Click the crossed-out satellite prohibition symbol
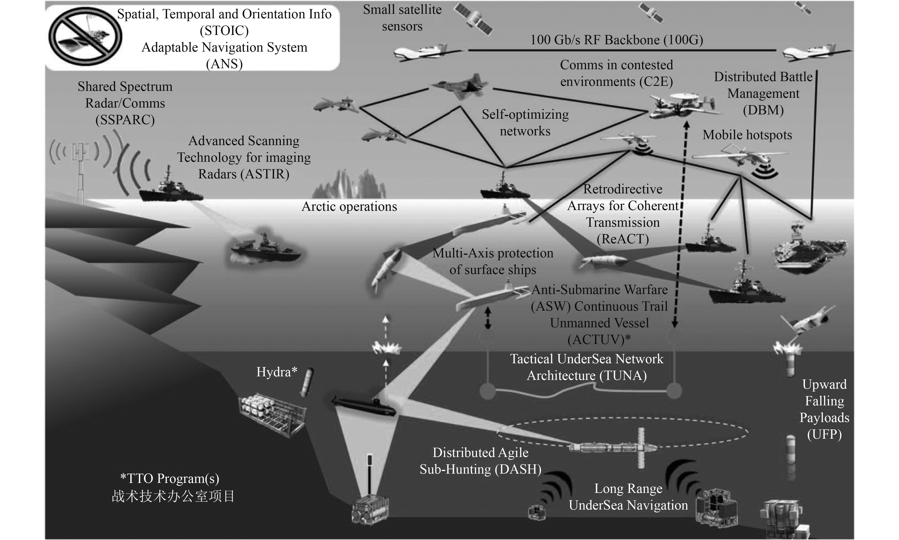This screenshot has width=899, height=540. [x=85, y=36]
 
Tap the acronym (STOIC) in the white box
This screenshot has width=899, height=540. [x=224, y=30]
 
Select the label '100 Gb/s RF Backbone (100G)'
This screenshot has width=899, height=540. [x=616, y=40]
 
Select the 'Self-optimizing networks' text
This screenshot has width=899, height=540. [x=525, y=123]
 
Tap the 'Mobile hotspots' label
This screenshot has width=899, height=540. [x=747, y=135]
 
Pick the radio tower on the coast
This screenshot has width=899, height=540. [x=80, y=167]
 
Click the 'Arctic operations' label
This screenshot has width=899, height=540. [x=349, y=207]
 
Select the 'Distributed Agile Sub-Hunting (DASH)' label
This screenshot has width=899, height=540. [x=480, y=461]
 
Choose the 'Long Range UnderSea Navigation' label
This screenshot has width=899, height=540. [x=628, y=497]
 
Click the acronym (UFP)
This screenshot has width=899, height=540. [x=824, y=434]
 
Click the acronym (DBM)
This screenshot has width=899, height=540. [x=763, y=110]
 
